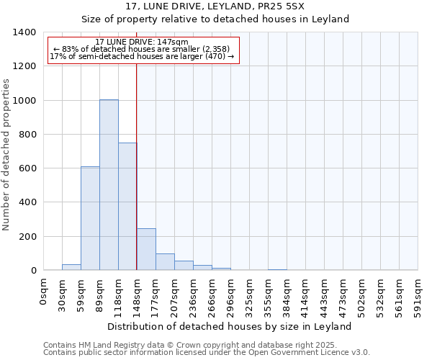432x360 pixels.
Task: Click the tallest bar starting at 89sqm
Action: (109, 185)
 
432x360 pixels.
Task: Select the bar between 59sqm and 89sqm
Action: (90, 218)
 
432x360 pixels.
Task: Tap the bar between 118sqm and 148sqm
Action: (127, 207)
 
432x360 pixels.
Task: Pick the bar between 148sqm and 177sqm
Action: (146, 249)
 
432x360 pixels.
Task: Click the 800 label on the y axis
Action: (26, 135)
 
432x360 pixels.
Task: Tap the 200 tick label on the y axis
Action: (26, 237)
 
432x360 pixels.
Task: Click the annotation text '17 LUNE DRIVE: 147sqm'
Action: (142, 42)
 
